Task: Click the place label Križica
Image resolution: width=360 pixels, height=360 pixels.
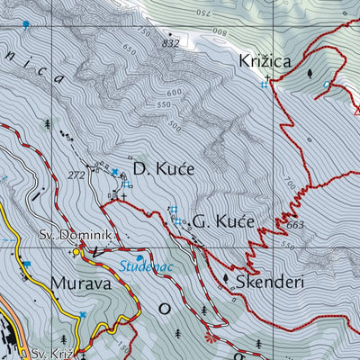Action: (264, 61)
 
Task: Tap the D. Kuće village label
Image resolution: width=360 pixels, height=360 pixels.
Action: (163, 168)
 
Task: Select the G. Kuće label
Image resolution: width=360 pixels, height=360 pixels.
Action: (224, 220)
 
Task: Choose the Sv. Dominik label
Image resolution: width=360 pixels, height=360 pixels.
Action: (76, 236)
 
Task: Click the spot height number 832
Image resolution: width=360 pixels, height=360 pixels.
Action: (171, 43)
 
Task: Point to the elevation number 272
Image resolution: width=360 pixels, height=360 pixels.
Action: (76, 175)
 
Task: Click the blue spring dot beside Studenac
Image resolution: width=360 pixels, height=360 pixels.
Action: (139, 257)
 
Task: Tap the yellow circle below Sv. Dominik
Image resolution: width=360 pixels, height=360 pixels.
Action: (77, 253)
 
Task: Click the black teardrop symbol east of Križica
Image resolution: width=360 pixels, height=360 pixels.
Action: (310, 75)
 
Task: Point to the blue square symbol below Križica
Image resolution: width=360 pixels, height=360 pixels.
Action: (265, 85)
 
